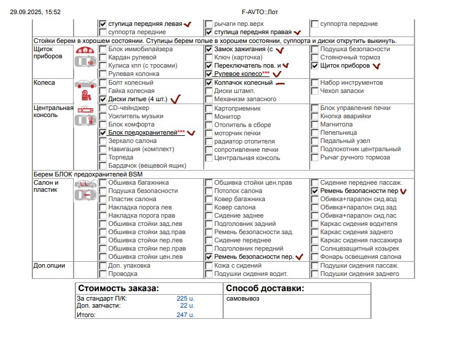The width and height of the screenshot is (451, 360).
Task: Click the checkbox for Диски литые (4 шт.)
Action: coord(103,99)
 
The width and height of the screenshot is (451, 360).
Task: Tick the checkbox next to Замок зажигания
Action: coord(209,49)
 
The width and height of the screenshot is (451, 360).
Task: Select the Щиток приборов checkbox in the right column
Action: coord(315,66)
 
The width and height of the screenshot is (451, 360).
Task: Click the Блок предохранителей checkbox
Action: coord(103,134)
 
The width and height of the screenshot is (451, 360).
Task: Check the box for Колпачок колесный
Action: coord(209,83)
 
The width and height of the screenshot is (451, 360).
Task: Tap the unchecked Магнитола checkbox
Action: coord(315,125)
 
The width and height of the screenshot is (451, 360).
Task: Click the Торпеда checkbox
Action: coord(103,158)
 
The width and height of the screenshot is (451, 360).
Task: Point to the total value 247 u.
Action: coord(185,315)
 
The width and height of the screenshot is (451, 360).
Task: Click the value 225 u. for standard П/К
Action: coord(185,298)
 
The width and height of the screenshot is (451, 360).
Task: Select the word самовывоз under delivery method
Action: coord(243,298)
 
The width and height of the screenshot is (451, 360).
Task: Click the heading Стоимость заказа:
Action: coord(118,288)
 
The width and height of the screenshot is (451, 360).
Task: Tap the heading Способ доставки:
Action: coord(265,288)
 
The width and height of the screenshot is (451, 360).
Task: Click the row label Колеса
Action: coord(44,83)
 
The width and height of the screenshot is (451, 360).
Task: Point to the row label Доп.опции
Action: coord(48,266)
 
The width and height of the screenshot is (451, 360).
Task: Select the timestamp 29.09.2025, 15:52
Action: coord(35,12)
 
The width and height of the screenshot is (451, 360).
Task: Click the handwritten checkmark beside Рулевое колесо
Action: coord(277,75)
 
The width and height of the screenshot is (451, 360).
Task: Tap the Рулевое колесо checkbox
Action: coord(209,75)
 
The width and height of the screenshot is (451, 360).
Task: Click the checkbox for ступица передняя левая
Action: coord(103,24)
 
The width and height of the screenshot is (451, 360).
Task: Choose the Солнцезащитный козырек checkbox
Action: coord(315,249)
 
